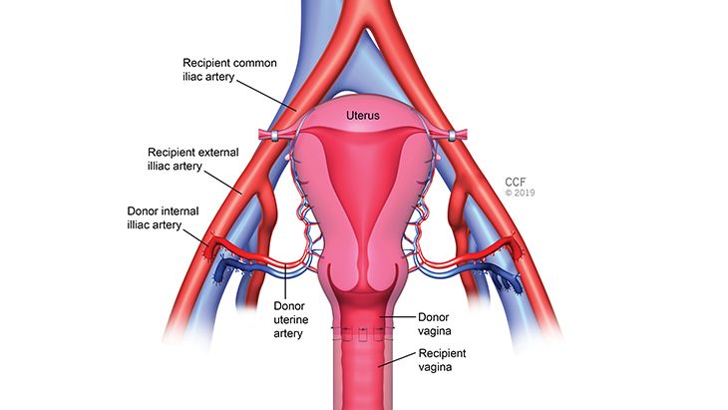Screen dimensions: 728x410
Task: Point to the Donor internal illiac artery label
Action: point(167,218)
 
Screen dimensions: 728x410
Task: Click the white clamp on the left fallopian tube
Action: point(266,135)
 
